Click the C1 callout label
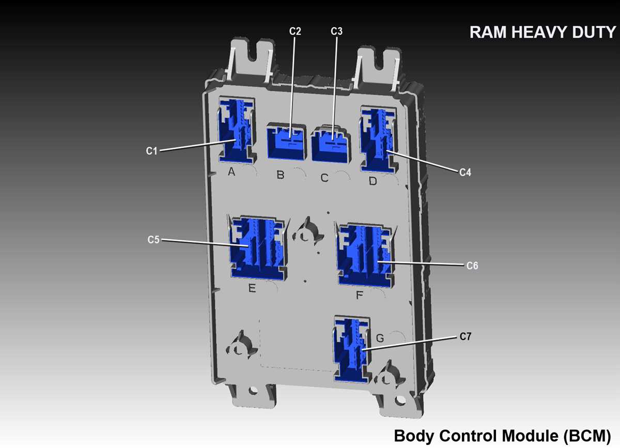coord(151,151)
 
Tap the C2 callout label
coord(295,32)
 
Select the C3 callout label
coord(336,32)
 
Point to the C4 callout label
coord(466,173)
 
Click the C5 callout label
coord(153,240)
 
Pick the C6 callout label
coord(472,266)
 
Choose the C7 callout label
coord(466,337)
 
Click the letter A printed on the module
coord(231,172)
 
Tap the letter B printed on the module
coord(281,175)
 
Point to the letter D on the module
coord(373,181)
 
